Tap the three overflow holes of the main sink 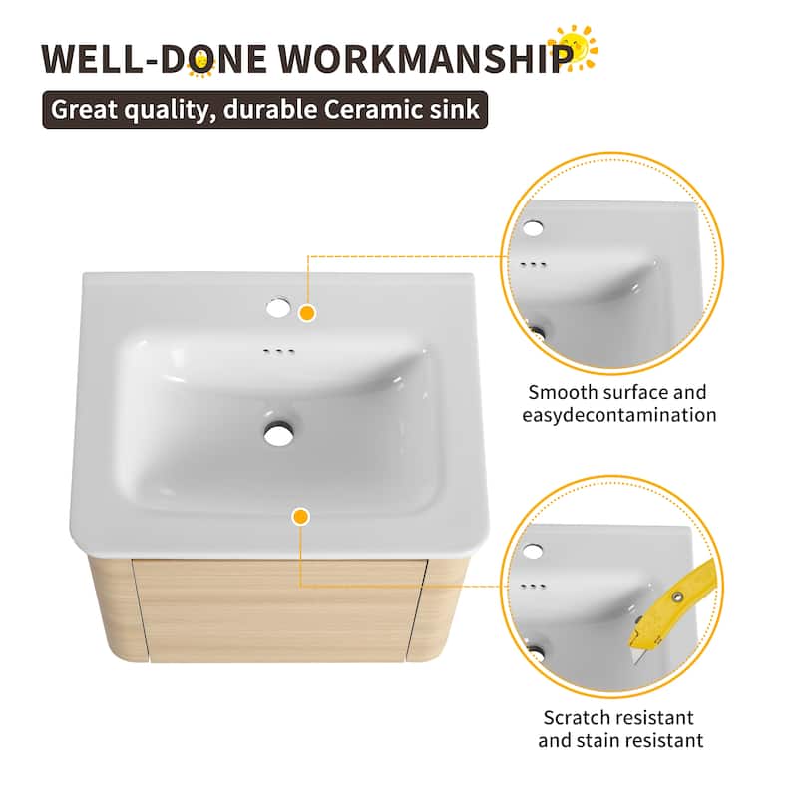(279, 351)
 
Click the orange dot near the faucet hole (307, 313)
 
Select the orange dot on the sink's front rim (300, 516)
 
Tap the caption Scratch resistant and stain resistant (618, 728)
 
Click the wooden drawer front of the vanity (289, 610)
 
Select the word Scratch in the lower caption (576, 717)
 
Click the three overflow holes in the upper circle (534, 265)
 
